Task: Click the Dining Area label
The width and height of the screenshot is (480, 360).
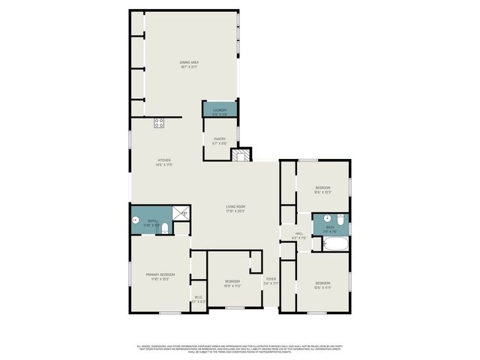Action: pyautogui.click(x=189, y=64)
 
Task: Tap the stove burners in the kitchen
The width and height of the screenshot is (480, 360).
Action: pyautogui.click(x=159, y=123)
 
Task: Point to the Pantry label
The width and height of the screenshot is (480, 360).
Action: pyautogui.click(x=220, y=140)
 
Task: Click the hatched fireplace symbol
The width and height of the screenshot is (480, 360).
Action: pyautogui.click(x=240, y=155)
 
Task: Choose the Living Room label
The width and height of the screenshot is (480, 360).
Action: pyautogui.click(x=236, y=208)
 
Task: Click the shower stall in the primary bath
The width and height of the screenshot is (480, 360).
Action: pyautogui.click(x=181, y=213)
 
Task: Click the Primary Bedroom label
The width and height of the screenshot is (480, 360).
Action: pyautogui.click(x=160, y=277)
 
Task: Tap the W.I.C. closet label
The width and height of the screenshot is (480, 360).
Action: pyautogui.click(x=199, y=298)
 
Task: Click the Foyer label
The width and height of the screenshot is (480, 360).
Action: pyautogui.click(x=271, y=281)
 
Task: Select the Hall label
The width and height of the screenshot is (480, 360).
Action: pyautogui.click(x=298, y=235)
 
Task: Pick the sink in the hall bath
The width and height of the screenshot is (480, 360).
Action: pyautogui.click(x=327, y=217)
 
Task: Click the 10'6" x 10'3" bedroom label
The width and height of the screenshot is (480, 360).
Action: pyautogui.click(x=322, y=189)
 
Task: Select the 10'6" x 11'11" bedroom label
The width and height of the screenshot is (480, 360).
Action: pyautogui.click(x=322, y=285)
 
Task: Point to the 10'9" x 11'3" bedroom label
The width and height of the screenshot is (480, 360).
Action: pyautogui.click(x=232, y=283)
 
